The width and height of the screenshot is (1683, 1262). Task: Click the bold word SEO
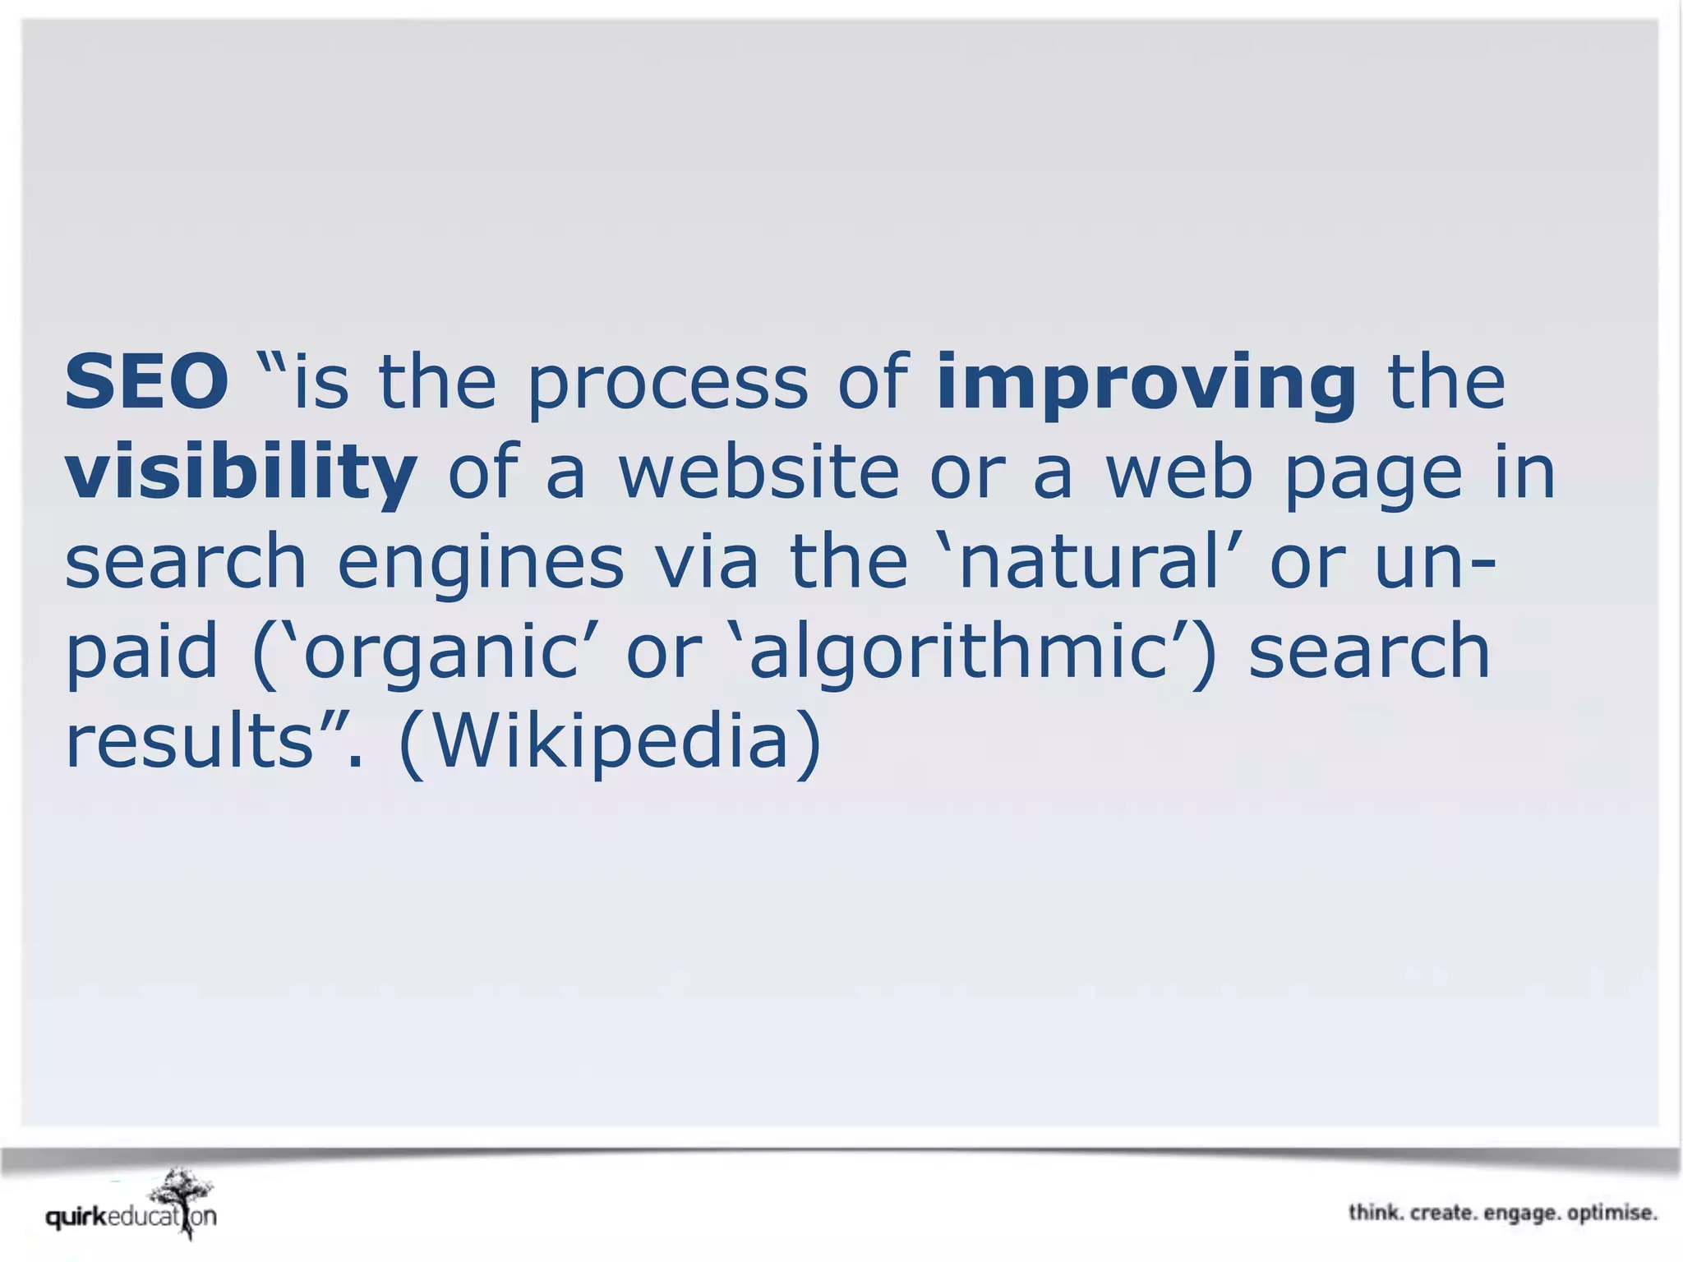click(146, 382)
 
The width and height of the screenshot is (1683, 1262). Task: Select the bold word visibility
click(241, 473)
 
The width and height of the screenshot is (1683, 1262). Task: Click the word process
click(667, 384)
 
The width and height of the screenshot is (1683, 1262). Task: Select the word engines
click(481, 563)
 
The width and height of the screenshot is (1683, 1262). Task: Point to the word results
click(189, 741)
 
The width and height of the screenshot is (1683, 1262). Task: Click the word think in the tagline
click(1375, 1213)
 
